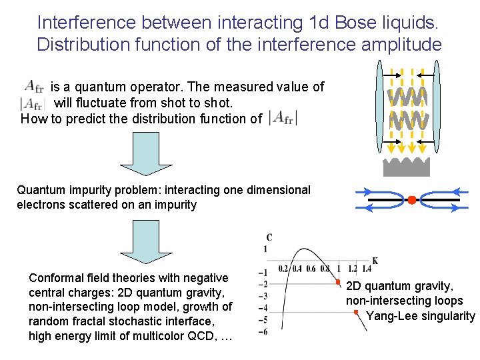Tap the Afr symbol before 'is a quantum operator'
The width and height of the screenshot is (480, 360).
[x=34, y=86]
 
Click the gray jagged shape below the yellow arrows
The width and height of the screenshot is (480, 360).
[x=407, y=165]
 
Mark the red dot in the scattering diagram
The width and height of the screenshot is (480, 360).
[x=411, y=199]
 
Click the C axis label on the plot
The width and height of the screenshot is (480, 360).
[x=269, y=237]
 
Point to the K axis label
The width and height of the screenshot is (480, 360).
[x=375, y=261]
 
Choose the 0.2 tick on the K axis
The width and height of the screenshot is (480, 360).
[x=282, y=269]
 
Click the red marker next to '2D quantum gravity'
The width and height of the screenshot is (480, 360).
[x=338, y=283]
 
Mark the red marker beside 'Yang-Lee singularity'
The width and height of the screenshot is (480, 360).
[x=356, y=312]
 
